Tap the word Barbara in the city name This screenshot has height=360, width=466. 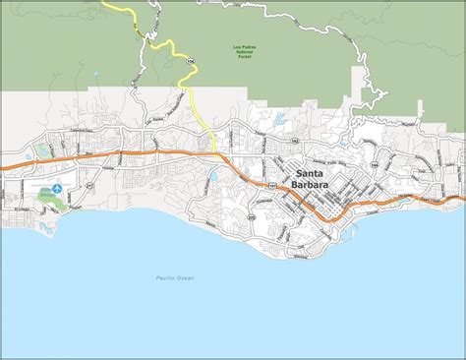tap(314, 182)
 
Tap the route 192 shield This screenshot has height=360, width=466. tap(294, 142)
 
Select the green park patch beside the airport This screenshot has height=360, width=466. tap(49, 196)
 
